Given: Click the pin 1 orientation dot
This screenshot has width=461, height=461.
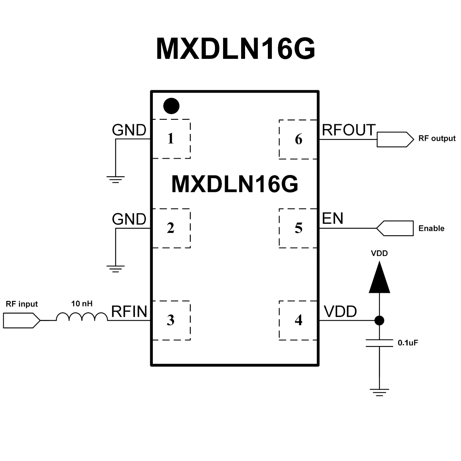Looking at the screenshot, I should pyautogui.click(x=171, y=106).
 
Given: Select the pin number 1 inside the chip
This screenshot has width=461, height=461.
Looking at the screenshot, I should pyautogui.click(x=171, y=138).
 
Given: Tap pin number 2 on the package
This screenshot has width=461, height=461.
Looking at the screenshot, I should pyautogui.click(x=171, y=228).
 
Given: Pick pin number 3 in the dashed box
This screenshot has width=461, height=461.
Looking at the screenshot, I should pyautogui.click(x=171, y=320).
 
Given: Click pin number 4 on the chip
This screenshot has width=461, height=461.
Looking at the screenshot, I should pyautogui.click(x=298, y=320).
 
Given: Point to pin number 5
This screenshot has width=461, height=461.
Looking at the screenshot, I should pyautogui.click(x=298, y=228).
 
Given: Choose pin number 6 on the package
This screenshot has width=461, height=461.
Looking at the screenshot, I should pyautogui.click(x=298, y=139).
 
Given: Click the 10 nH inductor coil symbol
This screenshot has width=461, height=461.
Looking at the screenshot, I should pyautogui.click(x=82, y=317).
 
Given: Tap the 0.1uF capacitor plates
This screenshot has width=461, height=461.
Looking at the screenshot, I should pyautogui.click(x=379, y=343).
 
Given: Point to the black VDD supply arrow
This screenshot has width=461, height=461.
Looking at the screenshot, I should pyautogui.click(x=379, y=278).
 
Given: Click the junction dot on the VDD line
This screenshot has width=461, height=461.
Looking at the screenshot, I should pyautogui.click(x=379, y=320).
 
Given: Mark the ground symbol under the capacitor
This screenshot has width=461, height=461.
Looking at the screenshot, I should pyautogui.click(x=379, y=392).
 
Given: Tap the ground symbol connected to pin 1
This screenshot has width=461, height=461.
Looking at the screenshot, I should pyautogui.click(x=115, y=179).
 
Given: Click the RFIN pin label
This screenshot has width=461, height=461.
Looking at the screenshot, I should pyautogui.click(x=129, y=312).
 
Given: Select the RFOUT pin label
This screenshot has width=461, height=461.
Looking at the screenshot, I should pyautogui.click(x=349, y=130).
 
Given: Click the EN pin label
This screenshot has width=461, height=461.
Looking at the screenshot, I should pyautogui.click(x=332, y=219).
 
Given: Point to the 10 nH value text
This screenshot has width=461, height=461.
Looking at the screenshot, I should pyautogui.click(x=82, y=304).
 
